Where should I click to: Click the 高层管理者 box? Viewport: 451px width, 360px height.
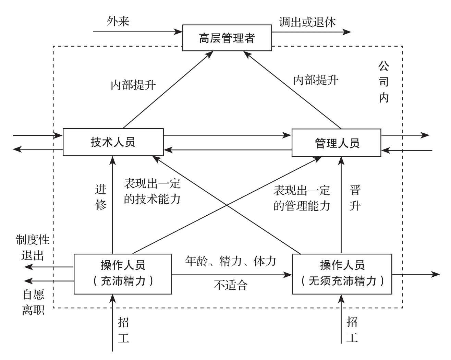(227, 38)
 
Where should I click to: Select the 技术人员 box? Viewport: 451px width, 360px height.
(113, 142)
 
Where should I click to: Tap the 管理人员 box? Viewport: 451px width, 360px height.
(336, 143)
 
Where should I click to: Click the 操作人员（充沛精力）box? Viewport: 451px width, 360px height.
(123, 274)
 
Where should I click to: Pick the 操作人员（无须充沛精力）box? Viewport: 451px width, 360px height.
(342, 274)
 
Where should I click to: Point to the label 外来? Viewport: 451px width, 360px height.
(118, 22)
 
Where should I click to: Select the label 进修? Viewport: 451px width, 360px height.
(101, 197)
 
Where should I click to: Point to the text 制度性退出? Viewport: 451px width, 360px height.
(33, 248)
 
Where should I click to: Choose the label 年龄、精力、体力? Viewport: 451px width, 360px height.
(230, 261)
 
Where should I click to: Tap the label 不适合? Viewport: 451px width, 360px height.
(230, 285)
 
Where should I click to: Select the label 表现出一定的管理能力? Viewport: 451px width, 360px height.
(302, 198)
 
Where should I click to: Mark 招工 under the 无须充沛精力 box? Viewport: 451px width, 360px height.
(352, 330)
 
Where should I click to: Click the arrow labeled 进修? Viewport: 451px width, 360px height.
(112, 206)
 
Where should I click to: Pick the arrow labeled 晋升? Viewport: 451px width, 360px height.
(341, 206)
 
